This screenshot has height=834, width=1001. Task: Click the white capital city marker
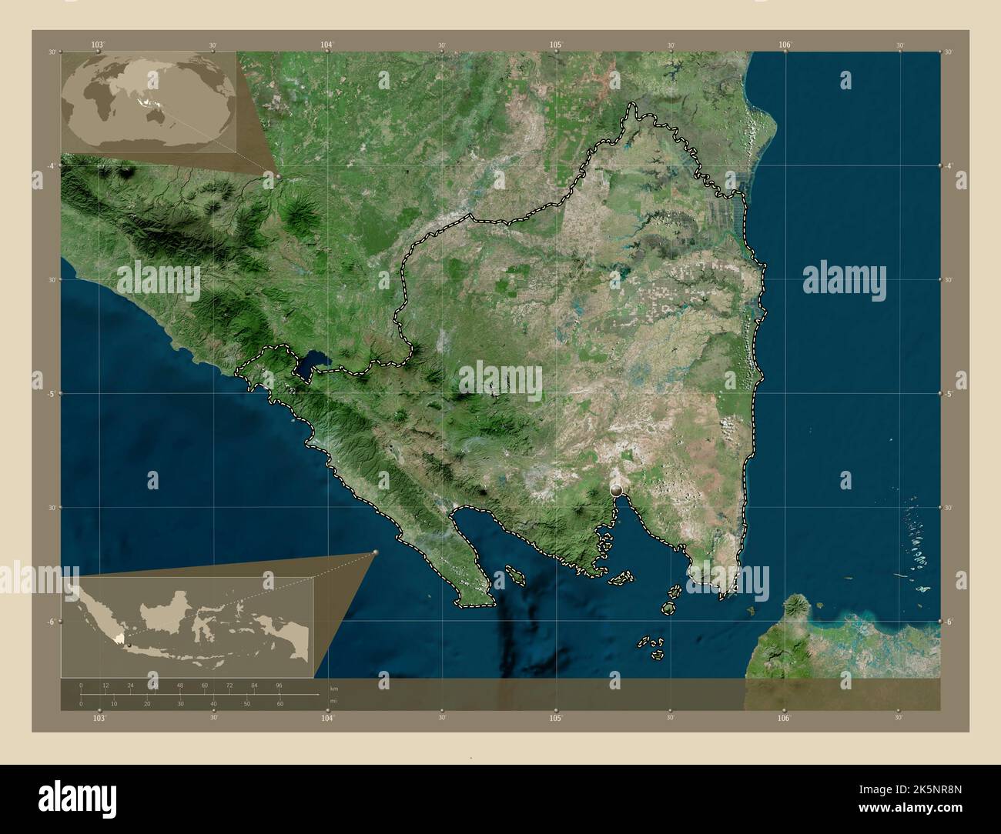pos(616,489)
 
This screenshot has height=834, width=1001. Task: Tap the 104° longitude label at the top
pos(327,45)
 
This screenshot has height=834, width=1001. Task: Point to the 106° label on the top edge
pos(785,45)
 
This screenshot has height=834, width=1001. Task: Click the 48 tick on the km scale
pos(179,685)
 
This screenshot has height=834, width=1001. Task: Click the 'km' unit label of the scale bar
pos(333,688)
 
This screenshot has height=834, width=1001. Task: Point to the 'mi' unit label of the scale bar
pos(333,701)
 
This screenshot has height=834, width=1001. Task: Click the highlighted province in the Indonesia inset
pos(116,638)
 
